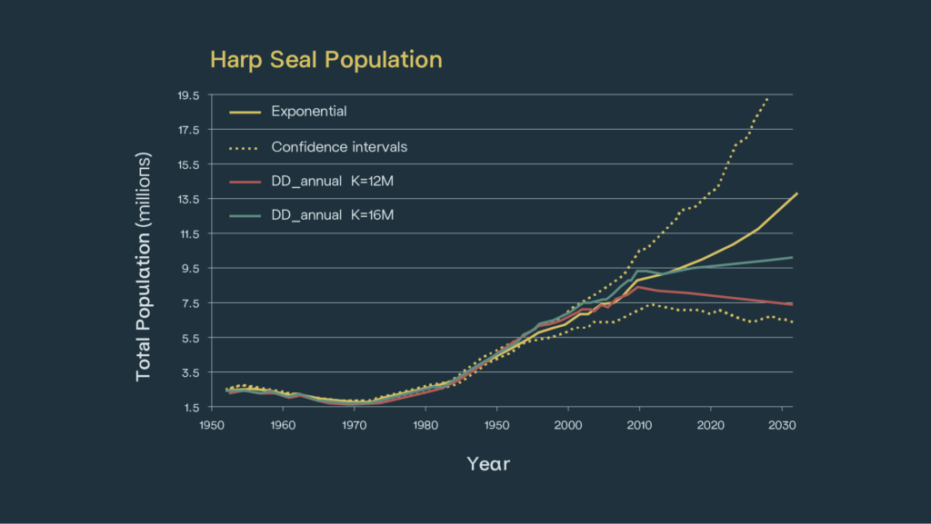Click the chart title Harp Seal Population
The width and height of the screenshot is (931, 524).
pyautogui.click(x=325, y=60)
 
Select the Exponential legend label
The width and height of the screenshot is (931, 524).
pyautogui.click(x=309, y=112)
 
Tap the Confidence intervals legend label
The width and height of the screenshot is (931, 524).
pyautogui.click(x=339, y=146)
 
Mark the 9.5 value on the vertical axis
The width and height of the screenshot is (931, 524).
pyautogui.click(x=190, y=268)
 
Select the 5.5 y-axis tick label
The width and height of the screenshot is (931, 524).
pyautogui.click(x=190, y=338)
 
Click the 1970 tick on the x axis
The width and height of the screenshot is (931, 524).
pyautogui.click(x=354, y=424)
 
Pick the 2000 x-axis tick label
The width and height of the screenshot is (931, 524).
pyautogui.click(x=567, y=424)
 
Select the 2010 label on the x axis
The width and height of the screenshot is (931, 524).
pyautogui.click(x=638, y=424)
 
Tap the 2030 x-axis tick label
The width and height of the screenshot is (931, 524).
pyautogui.click(x=780, y=424)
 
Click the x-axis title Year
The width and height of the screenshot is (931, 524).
pyautogui.click(x=488, y=464)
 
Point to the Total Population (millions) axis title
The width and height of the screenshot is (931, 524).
pyautogui.click(x=143, y=266)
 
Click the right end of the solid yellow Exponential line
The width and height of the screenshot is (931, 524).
pyautogui.click(x=796, y=193)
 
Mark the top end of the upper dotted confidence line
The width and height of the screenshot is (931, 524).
pyautogui.click(x=768, y=97)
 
